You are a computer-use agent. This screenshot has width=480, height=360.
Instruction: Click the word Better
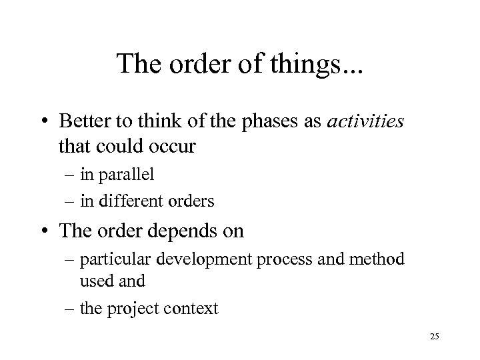click(83, 121)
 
